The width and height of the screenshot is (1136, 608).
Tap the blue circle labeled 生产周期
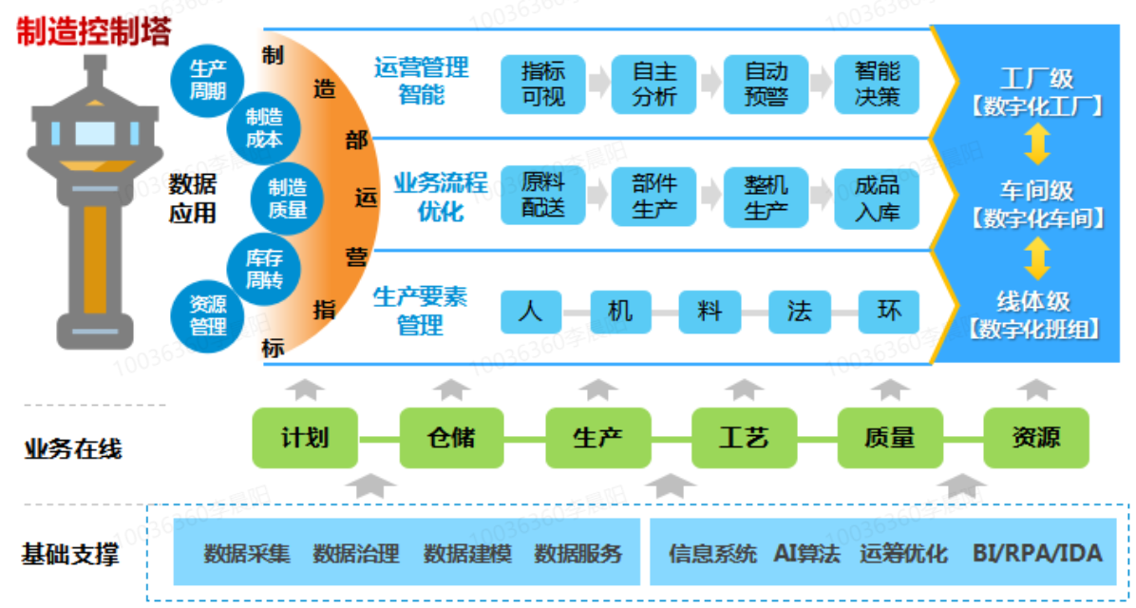pos(207,80)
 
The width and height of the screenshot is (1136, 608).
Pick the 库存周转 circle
pos(264,269)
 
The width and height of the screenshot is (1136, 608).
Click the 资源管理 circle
pos(207,315)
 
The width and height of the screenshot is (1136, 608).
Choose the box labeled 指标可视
pos(543,84)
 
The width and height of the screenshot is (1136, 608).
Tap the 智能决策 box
pos(878,84)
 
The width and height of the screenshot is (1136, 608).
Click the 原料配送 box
pos(543,197)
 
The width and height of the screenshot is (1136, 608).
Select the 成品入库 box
pos(878,197)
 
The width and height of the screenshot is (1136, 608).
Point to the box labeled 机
pos(619,311)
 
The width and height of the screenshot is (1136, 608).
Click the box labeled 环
pos(890,311)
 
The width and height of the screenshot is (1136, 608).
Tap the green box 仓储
pos(451,438)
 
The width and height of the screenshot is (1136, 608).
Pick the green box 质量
pos(890,438)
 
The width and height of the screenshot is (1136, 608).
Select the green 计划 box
pos(305,438)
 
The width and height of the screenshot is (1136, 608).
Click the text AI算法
pos(807,553)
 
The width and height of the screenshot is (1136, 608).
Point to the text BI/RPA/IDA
pos(1037,553)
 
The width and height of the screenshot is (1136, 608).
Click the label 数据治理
pos(356,553)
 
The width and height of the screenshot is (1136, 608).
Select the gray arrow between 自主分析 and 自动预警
pos(710,84)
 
